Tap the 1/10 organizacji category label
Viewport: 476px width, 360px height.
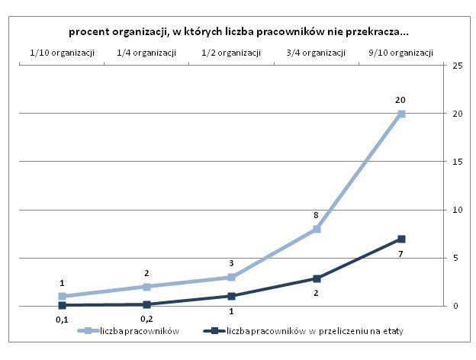pyautogui.click(x=62, y=53)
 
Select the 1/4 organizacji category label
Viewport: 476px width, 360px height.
pyautogui.click(x=146, y=53)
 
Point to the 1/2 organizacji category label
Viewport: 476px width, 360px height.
pyautogui.click(x=231, y=53)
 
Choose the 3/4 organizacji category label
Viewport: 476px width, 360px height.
pyautogui.click(x=316, y=53)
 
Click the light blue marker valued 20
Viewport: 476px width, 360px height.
pyautogui.click(x=401, y=114)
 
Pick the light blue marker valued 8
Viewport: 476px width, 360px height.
pyautogui.click(x=316, y=229)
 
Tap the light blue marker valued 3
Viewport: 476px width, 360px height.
pyautogui.click(x=231, y=277)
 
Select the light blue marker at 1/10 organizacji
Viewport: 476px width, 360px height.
pyautogui.click(x=62, y=296)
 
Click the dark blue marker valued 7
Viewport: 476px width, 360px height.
pyautogui.click(x=401, y=239)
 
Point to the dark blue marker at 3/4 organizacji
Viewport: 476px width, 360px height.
pyautogui.click(x=316, y=278)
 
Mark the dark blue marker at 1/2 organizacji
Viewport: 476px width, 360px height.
pyautogui.click(x=231, y=296)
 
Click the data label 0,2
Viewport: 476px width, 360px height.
pyautogui.click(x=146, y=317)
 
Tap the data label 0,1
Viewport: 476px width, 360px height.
pyautogui.click(x=62, y=319)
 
